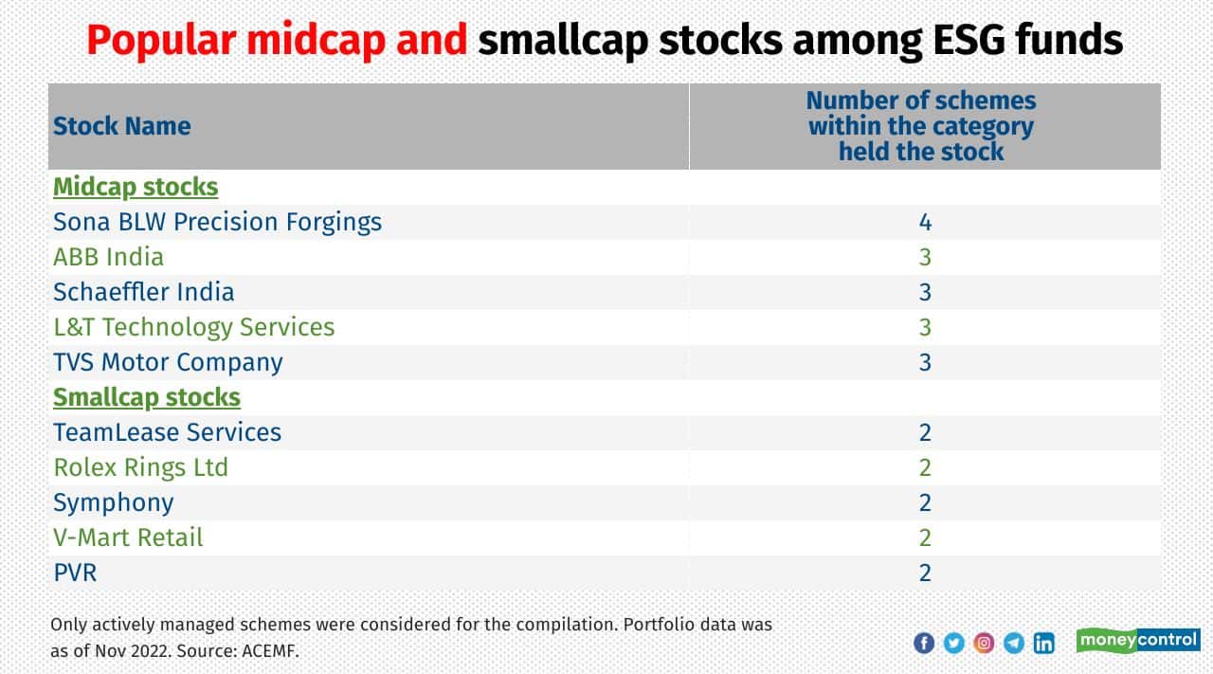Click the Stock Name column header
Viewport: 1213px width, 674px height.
(x=121, y=126)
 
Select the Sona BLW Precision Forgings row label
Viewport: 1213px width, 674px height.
(x=217, y=222)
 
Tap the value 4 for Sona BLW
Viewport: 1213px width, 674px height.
(x=925, y=222)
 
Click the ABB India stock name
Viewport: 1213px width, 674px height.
(x=108, y=257)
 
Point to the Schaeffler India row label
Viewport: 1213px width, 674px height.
(x=143, y=292)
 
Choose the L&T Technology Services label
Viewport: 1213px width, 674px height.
(x=193, y=327)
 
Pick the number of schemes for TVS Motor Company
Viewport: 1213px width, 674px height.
(x=925, y=362)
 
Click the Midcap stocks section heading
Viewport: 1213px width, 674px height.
(x=136, y=187)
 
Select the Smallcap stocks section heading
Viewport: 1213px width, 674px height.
(x=147, y=397)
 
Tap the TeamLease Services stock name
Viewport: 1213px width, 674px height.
(x=167, y=432)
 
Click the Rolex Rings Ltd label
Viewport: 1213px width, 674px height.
(x=140, y=467)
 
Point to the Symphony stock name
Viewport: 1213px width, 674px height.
(x=113, y=502)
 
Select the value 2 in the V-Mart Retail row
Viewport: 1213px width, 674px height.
(x=925, y=537)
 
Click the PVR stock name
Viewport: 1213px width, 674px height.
(x=75, y=573)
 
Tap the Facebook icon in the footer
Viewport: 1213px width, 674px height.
(x=924, y=643)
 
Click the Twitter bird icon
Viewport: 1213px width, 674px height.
(x=954, y=643)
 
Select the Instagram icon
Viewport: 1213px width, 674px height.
(x=985, y=643)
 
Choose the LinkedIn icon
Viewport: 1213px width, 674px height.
(x=1044, y=643)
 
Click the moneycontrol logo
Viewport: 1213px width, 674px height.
(x=1138, y=641)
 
